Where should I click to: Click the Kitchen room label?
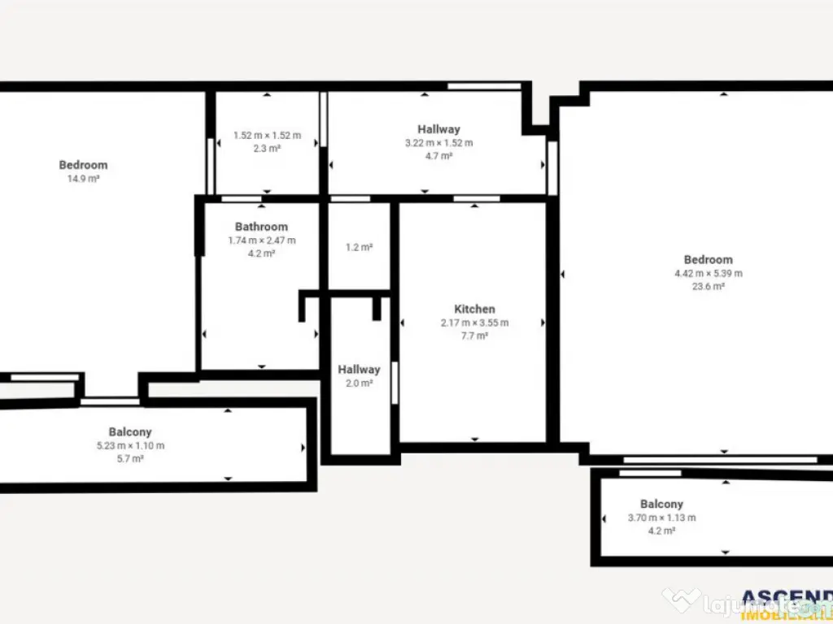(x=474, y=309)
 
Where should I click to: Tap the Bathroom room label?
(x=261, y=227)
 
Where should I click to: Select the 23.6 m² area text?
(x=708, y=286)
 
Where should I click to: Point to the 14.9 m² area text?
(x=83, y=179)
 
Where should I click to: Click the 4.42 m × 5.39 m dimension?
(x=708, y=273)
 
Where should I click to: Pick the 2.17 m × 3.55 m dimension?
(x=474, y=323)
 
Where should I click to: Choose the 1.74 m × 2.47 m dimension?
(x=261, y=240)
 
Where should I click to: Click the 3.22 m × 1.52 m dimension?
(x=438, y=143)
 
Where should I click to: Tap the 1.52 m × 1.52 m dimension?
(x=267, y=136)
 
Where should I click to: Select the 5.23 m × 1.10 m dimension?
(x=130, y=446)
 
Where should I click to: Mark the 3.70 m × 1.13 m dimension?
(x=661, y=518)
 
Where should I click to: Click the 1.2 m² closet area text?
(x=359, y=247)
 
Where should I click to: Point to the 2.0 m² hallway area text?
(x=359, y=383)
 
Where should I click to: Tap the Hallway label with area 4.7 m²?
(x=438, y=129)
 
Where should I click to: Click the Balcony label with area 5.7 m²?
(x=130, y=432)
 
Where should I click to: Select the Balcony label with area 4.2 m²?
(x=661, y=504)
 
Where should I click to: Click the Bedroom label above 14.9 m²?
(x=83, y=165)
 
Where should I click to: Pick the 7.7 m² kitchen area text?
(x=474, y=336)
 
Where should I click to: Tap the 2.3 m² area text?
(x=267, y=149)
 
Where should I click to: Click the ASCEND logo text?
(x=786, y=597)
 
